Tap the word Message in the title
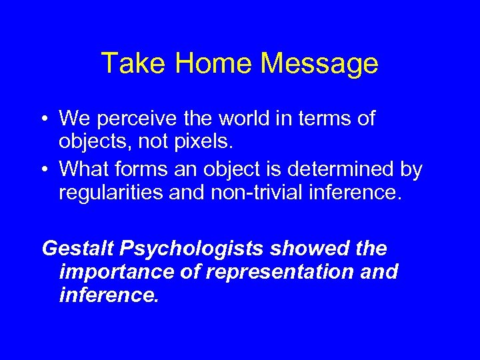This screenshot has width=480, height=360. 320,64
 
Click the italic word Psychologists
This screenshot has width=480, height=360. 190,249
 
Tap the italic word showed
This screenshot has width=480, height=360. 310,249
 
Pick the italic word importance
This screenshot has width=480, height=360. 109,272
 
